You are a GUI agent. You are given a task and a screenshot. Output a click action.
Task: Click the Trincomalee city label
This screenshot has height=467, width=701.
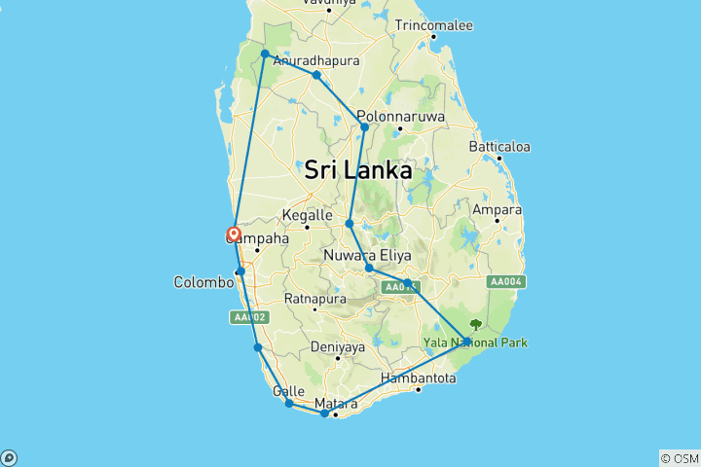point(433,24)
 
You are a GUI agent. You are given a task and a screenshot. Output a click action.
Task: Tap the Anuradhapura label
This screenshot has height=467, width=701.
point(316,60)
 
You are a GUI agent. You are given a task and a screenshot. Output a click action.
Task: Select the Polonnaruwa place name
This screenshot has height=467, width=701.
point(400,116)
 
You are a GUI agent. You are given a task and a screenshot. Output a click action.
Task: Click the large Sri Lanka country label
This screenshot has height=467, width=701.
point(357,170)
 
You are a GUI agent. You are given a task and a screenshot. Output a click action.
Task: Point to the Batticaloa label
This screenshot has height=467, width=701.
point(498,147)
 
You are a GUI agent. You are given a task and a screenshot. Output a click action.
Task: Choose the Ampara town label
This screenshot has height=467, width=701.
point(497,209)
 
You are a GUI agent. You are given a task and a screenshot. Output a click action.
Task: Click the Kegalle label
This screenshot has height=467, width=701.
point(308,216)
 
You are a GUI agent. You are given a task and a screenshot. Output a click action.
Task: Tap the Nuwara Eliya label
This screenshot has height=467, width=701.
point(367,256)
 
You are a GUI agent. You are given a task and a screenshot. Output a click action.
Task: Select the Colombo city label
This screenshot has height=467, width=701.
point(203,282)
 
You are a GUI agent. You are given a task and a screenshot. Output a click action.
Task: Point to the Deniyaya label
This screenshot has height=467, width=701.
point(337,346)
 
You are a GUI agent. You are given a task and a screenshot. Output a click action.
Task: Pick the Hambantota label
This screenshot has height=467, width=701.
point(419,377)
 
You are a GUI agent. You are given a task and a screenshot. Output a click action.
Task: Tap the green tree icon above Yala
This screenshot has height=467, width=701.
point(475,325)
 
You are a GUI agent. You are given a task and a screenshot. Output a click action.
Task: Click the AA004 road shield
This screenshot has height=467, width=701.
point(507,282)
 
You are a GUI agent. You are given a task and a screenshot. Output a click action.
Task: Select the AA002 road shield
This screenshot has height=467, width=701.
point(248,317)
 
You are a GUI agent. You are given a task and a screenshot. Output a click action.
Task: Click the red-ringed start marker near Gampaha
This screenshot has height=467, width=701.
point(234,233)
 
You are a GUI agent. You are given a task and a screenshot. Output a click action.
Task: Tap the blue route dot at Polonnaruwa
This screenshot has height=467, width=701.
point(365,126)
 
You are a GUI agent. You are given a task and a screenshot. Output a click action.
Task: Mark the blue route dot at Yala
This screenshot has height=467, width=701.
point(467,341)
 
